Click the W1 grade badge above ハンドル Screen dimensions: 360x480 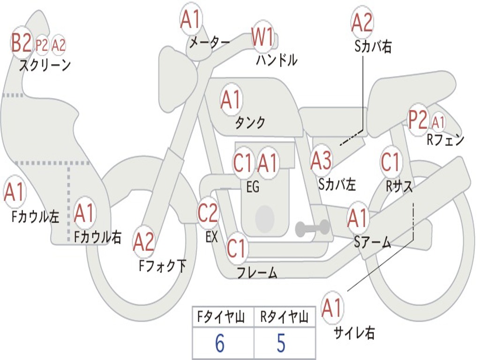tap(262, 37)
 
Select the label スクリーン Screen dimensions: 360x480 tap(45, 65)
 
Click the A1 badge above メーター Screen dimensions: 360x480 tap(191, 20)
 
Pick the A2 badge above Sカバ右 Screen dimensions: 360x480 tap(362, 22)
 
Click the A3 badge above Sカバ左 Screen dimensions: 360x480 tap(322, 161)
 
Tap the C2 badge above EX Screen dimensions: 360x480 tap(208, 213)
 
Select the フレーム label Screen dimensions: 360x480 tap(257, 272)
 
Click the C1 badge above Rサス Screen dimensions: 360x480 tap(390, 162)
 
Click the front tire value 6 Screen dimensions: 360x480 tap(219, 344)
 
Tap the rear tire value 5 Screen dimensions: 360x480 tap(281, 344)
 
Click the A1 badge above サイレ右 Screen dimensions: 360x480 tap(332, 308)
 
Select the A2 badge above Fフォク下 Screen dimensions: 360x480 tap(144, 241)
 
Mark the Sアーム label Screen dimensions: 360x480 tap(372, 242)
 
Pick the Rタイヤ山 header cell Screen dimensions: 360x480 tap(285, 318)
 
